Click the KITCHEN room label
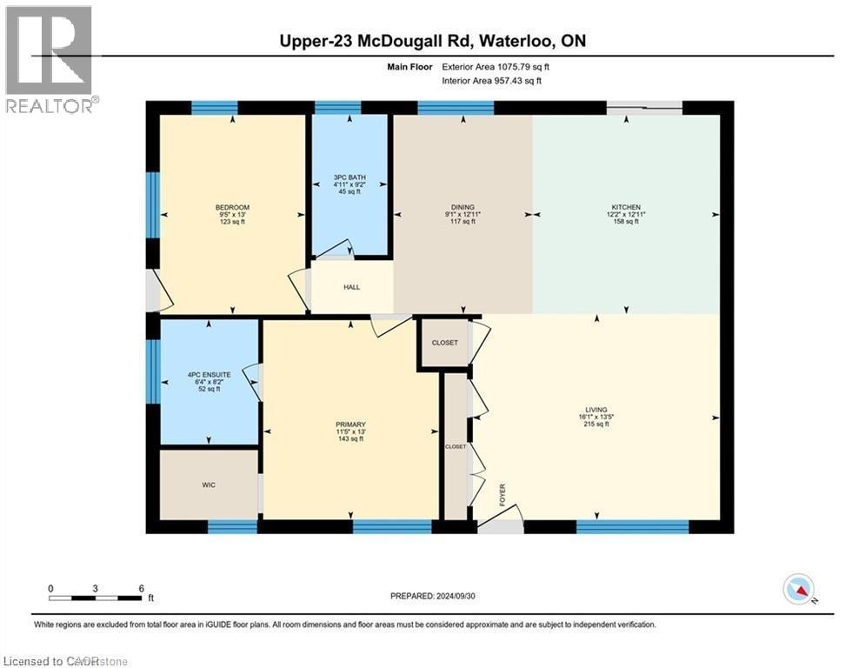(626, 207)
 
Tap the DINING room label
(463, 207)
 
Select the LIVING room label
(596, 410)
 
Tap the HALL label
(351, 287)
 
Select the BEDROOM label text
(231, 207)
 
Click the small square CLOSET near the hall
(444, 343)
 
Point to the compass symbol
(798, 591)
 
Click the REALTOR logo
(50, 59)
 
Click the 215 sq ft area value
(596, 424)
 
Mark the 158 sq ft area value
(626, 222)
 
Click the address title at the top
(432, 42)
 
